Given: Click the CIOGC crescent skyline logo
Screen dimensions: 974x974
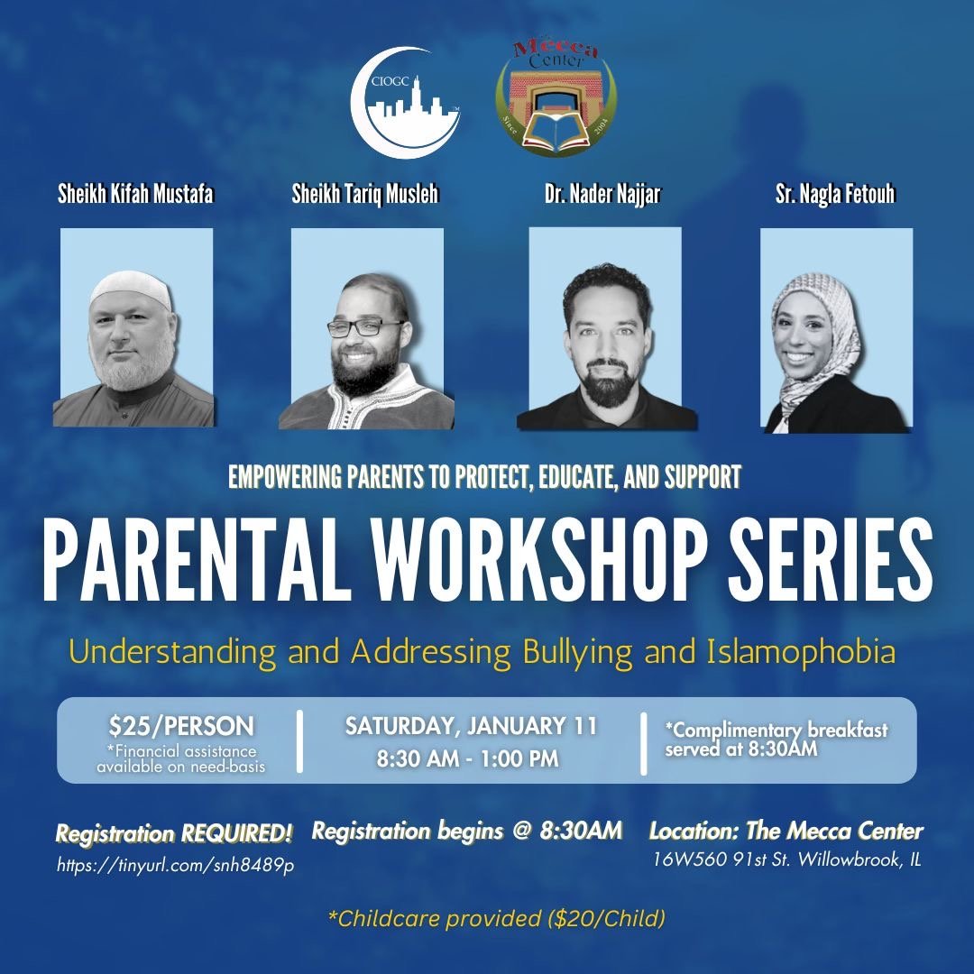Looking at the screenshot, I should (x=406, y=103).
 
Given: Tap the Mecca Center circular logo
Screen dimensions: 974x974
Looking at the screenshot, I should (x=556, y=99).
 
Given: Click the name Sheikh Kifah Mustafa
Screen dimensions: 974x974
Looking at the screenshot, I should (x=135, y=195).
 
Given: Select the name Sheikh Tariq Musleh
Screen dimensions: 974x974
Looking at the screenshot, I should (x=365, y=195).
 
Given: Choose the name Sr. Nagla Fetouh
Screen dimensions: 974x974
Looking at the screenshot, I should (x=835, y=195).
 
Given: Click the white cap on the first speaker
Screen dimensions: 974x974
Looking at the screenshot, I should (x=131, y=289).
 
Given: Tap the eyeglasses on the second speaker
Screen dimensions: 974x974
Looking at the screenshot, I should (x=366, y=328).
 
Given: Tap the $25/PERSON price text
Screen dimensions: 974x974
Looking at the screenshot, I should (x=181, y=726).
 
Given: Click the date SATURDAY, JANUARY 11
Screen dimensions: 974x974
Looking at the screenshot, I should (x=471, y=727).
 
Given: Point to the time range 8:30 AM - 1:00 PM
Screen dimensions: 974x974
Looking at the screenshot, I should (x=467, y=759).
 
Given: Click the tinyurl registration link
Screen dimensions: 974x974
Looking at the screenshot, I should (x=176, y=865).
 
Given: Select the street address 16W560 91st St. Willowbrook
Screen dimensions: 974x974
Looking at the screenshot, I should (x=786, y=859).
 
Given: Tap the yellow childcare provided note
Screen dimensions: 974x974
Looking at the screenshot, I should (x=498, y=919).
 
